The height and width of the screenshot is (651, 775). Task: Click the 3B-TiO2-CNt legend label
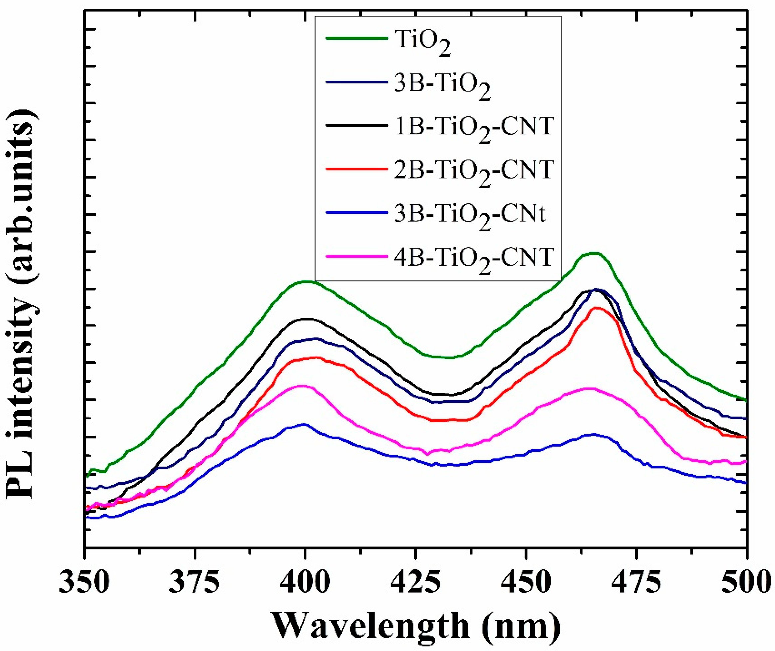point(470,216)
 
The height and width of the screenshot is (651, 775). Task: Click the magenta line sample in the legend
point(357,256)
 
